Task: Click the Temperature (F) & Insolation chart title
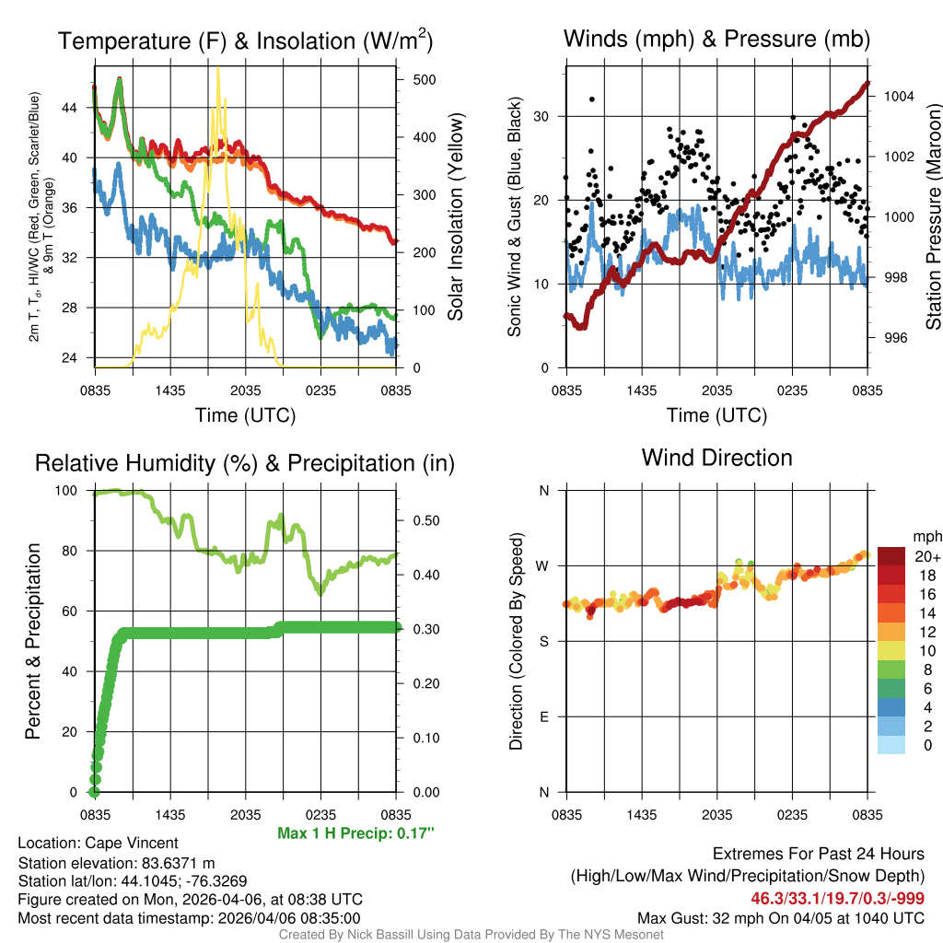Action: click(x=245, y=41)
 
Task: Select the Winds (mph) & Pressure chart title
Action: click(x=716, y=39)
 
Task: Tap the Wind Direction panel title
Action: click(x=716, y=458)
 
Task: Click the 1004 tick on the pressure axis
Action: click(x=896, y=96)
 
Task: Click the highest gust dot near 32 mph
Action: click(x=592, y=99)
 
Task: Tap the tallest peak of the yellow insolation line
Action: click(x=217, y=69)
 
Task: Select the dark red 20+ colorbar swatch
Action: click(x=891, y=556)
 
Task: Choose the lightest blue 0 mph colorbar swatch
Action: click(x=891, y=746)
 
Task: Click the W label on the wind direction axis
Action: click(x=543, y=565)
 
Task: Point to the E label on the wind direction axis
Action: click(x=544, y=716)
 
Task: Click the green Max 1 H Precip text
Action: click(x=355, y=833)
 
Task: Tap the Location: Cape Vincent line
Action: click(x=98, y=843)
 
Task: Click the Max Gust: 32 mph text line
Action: click(x=781, y=918)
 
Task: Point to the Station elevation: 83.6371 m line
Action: click(x=116, y=862)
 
